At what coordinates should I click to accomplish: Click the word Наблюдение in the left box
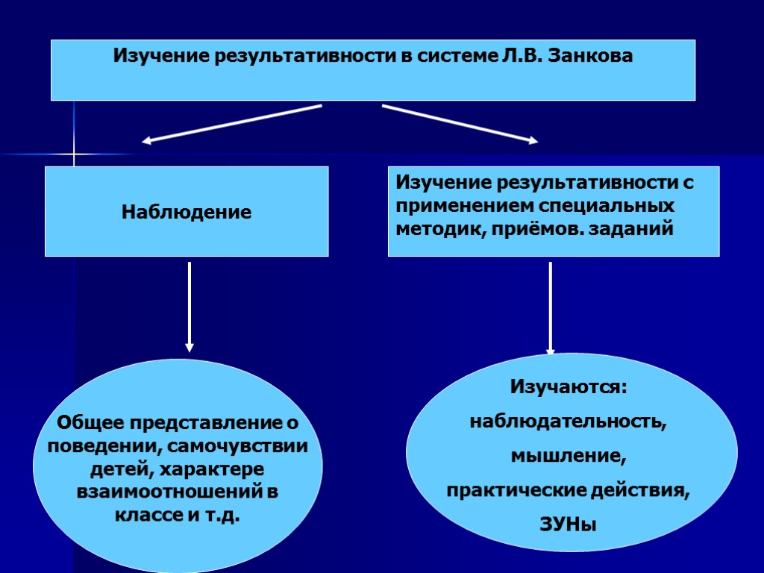[x=187, y=213]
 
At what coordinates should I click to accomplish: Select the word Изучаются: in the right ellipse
[x=569, y=388]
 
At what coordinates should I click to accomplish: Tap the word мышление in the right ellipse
[x=568, y=455]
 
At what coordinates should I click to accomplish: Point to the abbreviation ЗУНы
[x=568, y=525]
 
